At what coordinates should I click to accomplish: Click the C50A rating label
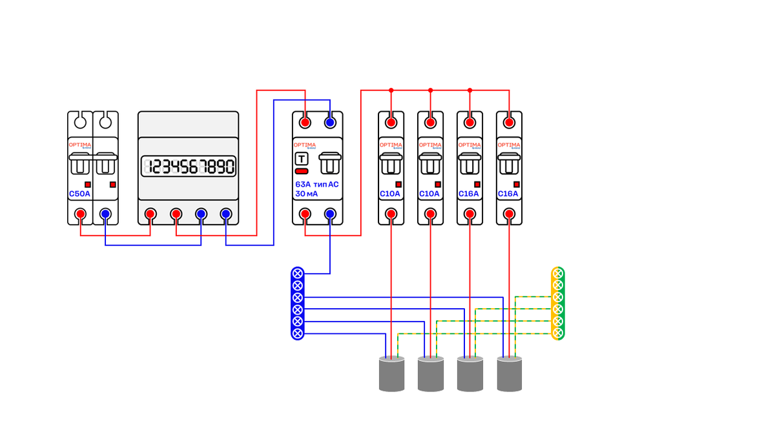click(80, 193)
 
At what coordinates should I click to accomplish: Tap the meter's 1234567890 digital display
click(188, 167)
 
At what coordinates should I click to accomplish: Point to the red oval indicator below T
click(302, 171)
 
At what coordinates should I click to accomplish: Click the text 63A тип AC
click(316, 184)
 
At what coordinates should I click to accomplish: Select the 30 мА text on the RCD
click(307, 193)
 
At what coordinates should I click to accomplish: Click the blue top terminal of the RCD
click(330, 122)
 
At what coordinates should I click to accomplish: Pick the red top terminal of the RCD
click(305, 122)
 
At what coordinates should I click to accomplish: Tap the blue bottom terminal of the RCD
click(330, 214)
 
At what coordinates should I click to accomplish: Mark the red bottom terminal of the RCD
click(305, 214)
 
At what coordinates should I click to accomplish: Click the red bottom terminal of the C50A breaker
click(80, 214)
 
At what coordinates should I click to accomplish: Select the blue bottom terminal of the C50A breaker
click(105, 214)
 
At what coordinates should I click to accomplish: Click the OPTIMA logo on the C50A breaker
click(80, 145)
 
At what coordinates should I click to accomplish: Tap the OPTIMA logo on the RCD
click(305, 145)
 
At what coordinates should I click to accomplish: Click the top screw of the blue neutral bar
click(298, 273)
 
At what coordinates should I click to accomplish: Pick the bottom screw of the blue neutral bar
click(298, 333)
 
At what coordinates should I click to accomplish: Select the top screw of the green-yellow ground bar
click(558, 273)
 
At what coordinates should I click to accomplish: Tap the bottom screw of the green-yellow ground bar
click(558, 333)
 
